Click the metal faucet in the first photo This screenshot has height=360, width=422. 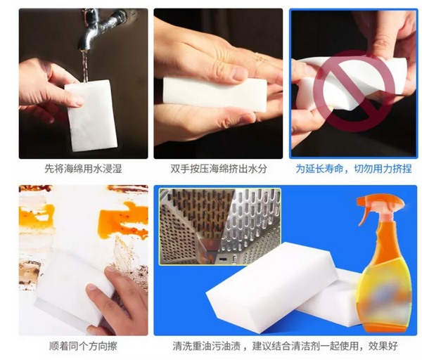(98, 25)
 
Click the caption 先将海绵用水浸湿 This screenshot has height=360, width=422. (83, 169)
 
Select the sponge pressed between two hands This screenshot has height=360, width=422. (215, 91)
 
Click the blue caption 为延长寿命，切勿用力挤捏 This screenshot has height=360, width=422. (354, 169)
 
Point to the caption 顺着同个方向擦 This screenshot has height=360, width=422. (83, 346)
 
